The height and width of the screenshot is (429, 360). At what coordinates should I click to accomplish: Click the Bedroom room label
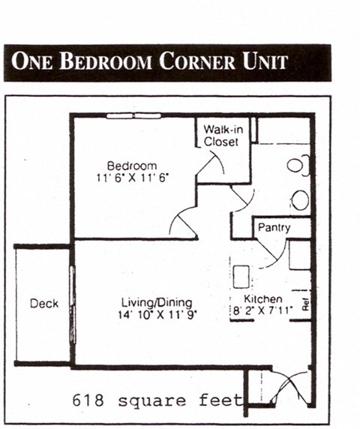click(131, 166)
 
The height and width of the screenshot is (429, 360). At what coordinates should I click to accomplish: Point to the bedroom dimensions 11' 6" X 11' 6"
click(131, 178)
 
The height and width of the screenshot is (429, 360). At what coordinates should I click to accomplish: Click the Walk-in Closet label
click(220, 135)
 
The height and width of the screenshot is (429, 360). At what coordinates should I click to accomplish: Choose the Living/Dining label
click(157, 303)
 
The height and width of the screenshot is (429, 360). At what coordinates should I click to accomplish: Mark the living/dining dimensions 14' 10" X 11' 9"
click(157, 315)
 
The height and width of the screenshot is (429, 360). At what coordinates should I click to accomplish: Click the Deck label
click(43, 304)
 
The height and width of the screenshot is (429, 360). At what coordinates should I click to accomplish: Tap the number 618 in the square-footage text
click(88, 400)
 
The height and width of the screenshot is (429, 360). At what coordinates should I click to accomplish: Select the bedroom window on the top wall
click(133, 115)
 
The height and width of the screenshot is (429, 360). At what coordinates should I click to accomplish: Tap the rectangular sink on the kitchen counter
click(241, 277)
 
